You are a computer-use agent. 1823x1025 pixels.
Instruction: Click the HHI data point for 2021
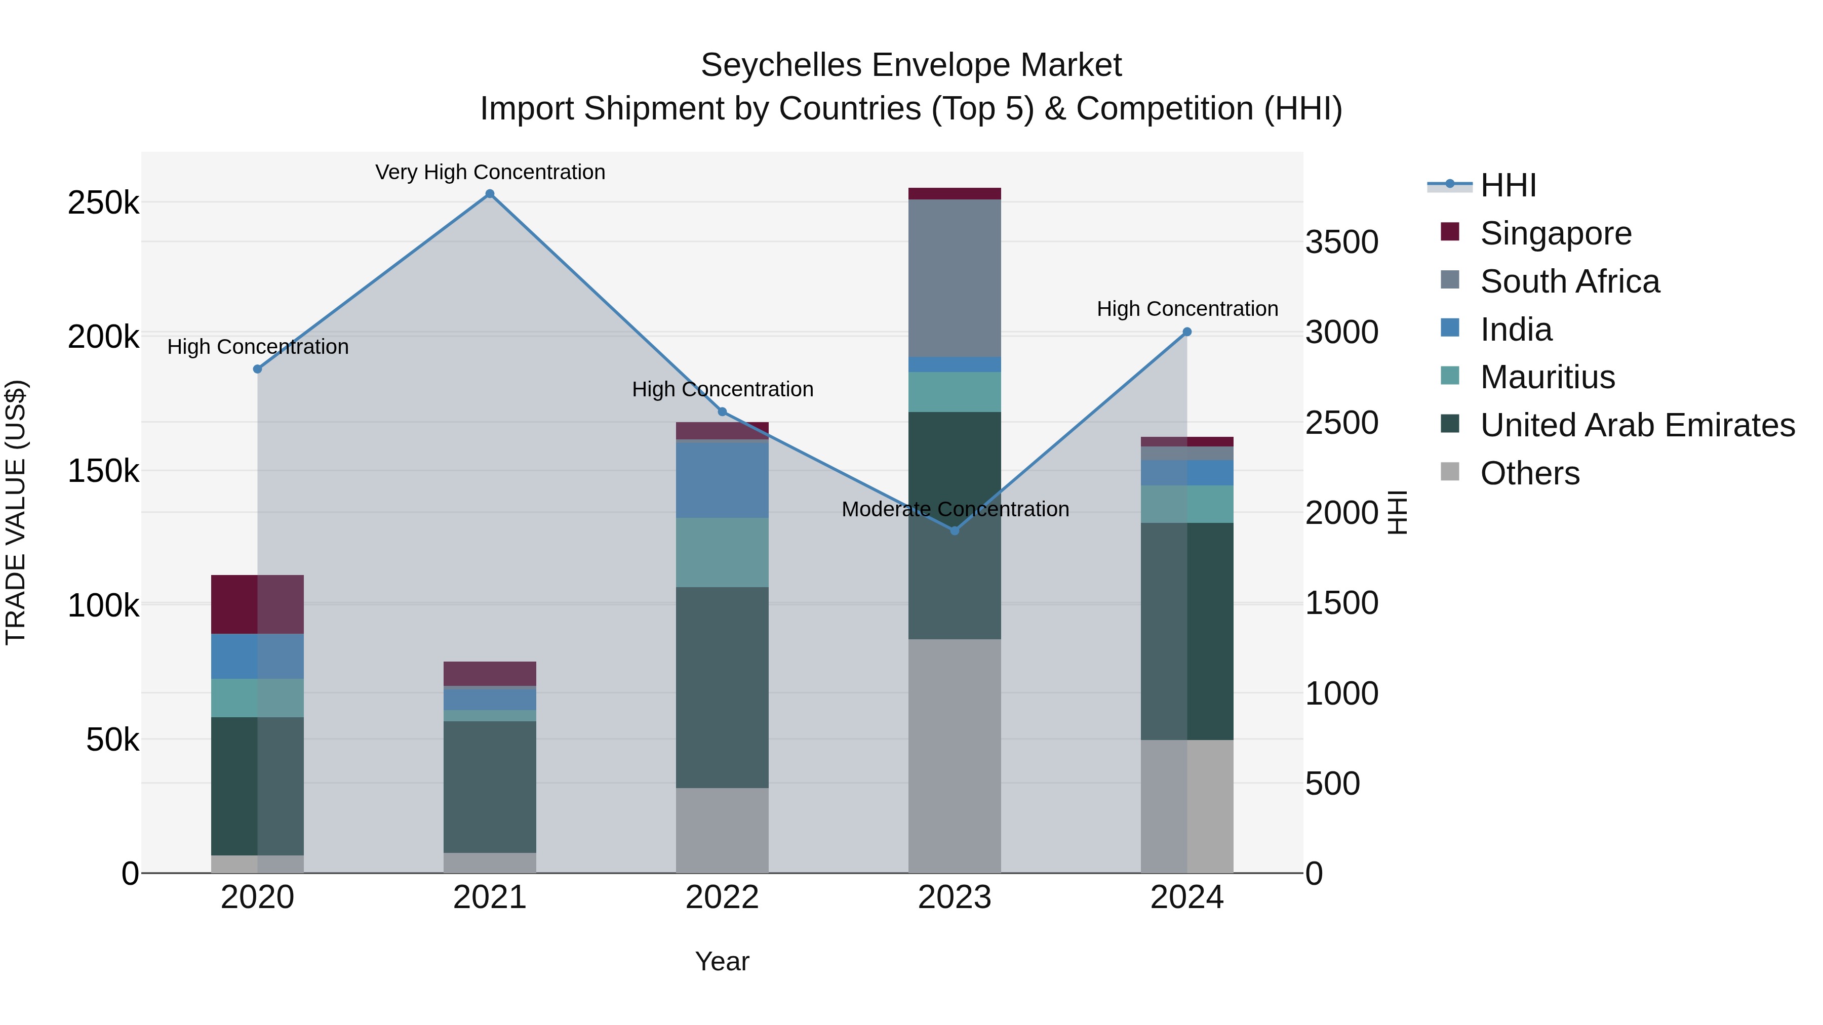pos(490,194)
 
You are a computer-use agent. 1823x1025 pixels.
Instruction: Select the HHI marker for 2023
pos(955,530)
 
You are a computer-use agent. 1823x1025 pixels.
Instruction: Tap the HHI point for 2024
pos(1187,332)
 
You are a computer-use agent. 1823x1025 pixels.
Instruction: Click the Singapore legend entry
pos(1556,233)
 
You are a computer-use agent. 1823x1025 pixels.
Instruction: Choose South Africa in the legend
pos(1570,281)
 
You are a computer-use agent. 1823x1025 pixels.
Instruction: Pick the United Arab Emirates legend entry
pos(1637,425)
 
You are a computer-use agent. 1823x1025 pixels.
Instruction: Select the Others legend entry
pos(1529,473)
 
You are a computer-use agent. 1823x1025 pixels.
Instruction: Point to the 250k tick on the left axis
pos(103,203)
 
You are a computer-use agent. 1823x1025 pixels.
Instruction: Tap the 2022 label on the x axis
pos(722,897)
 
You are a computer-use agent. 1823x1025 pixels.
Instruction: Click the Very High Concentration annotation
pos(490,172)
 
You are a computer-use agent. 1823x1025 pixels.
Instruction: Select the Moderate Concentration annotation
pos(955,509)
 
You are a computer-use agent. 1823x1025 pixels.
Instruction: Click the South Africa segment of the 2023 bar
pos(955,278)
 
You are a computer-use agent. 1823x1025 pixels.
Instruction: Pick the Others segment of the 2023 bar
pos(955,756)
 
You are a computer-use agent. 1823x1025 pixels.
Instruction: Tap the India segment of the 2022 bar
pos(722,479)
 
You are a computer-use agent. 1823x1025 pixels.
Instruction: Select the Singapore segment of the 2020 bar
pos(258,604)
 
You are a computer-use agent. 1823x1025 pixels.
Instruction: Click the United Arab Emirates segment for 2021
pos(490,787)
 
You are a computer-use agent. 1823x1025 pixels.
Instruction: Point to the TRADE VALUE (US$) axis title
pos(16,512)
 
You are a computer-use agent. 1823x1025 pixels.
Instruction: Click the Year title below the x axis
pos(722,961)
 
